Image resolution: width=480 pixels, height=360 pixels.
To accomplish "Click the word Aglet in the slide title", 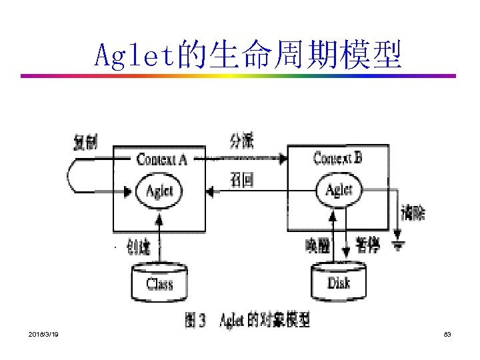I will (x=133, y=55).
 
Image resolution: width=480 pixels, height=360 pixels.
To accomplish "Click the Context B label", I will (x=337, y=159).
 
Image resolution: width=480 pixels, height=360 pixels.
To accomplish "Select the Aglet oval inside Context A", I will (x=158, y=191).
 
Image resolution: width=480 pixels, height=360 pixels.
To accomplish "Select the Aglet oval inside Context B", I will (x=338, y=191).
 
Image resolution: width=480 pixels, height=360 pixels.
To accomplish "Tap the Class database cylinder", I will (x=159, y=283).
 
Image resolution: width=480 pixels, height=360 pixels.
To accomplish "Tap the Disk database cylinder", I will (x=339, y=281).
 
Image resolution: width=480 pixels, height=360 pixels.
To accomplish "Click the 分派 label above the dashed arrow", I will (x=241, y=141).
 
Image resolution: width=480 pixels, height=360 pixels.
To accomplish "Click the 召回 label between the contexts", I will (x=241, y=180).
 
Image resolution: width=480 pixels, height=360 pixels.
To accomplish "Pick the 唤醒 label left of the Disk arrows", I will (x=317, y=246).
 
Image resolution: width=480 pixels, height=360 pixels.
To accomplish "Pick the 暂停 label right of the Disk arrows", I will (x=369, y=245).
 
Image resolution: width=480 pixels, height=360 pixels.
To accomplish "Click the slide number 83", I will (x=447, y=333).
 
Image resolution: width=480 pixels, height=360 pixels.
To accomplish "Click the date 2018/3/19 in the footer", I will (x=43, y=333).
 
